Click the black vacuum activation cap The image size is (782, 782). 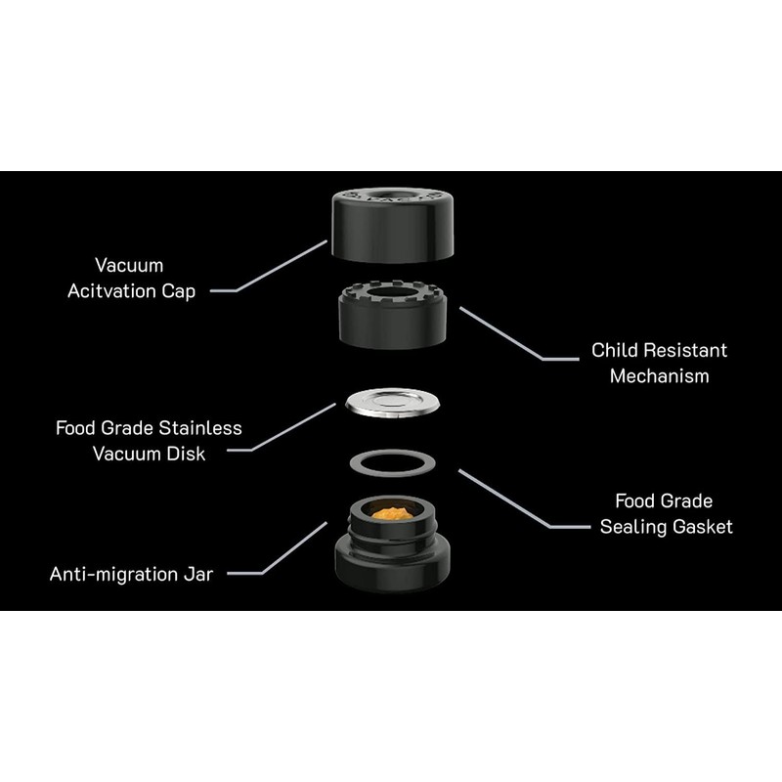click(x=393, y=225)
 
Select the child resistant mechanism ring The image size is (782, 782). click(x=393, y=315)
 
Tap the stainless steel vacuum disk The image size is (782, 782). click(x=393, y=402)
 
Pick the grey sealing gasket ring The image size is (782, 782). click(x=393, y=463)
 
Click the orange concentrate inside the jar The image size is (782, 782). click(x=393, y=513)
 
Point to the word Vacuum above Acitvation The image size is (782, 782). click(x=129, y=265)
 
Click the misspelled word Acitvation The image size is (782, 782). click(x=111, y=290)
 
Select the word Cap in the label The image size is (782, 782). click(x=178, y=291)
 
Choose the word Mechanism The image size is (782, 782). click(x=659, y=376)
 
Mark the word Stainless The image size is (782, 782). click(x=200, y=428)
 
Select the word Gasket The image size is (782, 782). click(x=702, y=527)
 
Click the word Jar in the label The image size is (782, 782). click(x=198, y=574)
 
